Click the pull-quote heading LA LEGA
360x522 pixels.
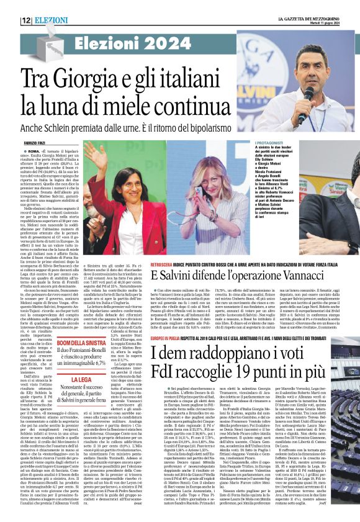(80, 378)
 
